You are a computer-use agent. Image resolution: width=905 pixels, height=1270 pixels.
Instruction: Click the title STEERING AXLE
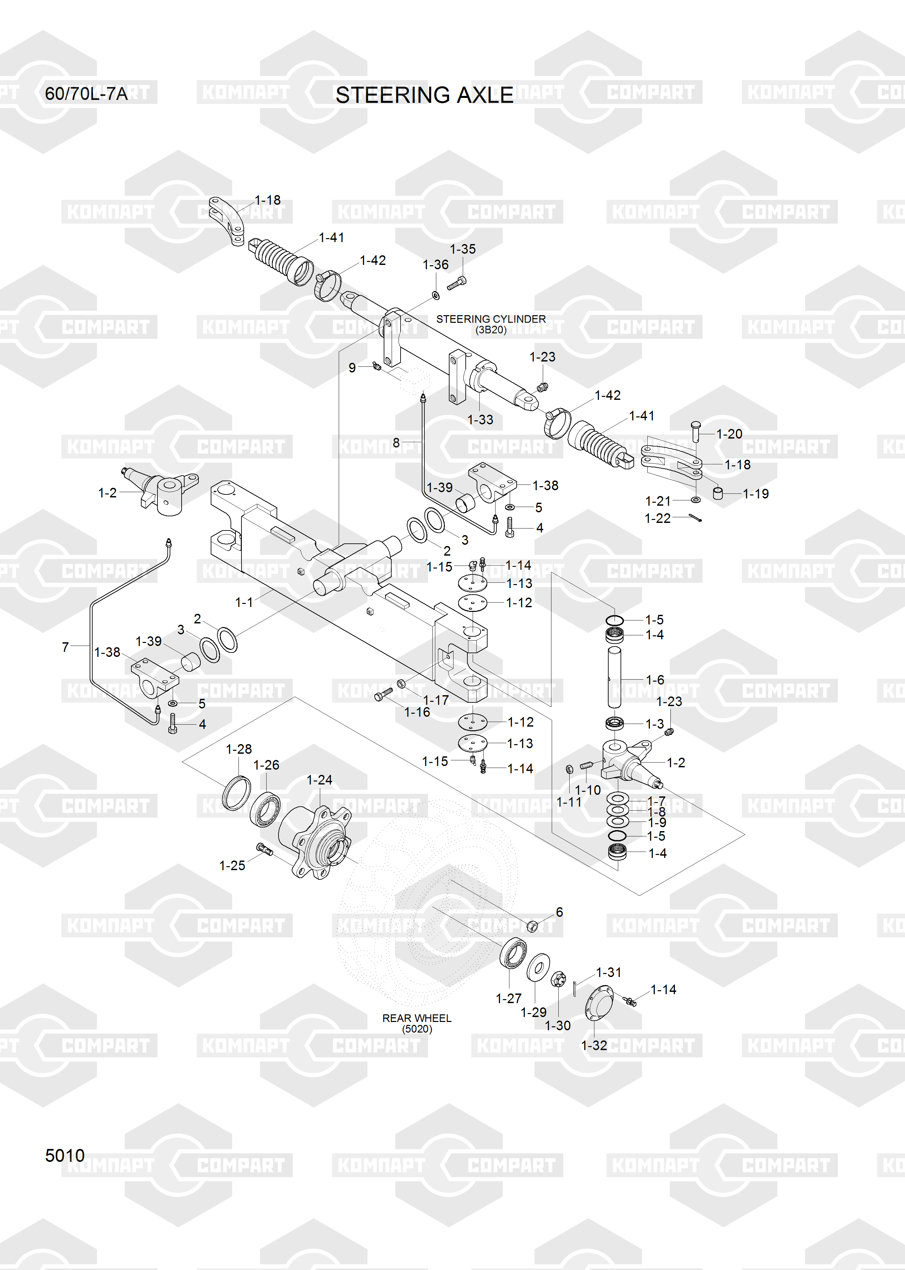coord(424,95)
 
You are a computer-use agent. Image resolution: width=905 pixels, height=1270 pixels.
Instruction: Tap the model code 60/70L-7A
coord(86,94)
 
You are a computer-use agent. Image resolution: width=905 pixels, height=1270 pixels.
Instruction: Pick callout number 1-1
coord(244,602)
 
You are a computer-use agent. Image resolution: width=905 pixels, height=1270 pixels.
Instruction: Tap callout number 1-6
coord(655,680)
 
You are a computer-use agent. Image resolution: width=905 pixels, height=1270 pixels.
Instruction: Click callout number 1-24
coord(319,780)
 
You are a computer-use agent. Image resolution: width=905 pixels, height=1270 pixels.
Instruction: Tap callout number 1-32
coord(594,1045)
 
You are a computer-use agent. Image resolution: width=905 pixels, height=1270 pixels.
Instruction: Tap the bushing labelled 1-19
coord(719,493)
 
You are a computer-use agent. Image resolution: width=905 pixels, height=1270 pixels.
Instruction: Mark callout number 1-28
coord(238,749)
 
